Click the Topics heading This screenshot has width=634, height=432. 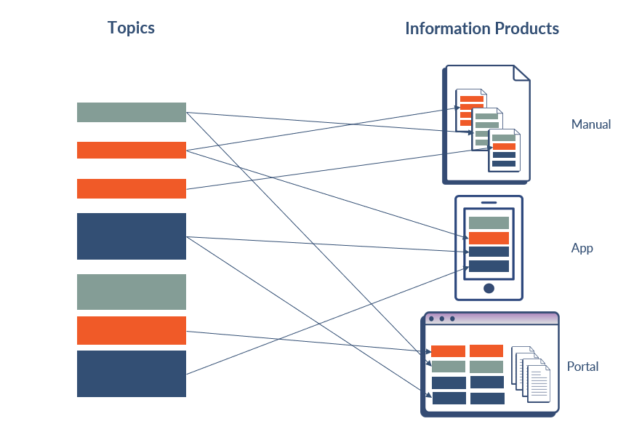131,28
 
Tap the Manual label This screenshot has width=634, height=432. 590,124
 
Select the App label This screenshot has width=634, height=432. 582,248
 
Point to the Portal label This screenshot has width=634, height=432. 582,367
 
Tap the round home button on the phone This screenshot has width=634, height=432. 489,288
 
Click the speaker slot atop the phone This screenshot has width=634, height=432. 489,202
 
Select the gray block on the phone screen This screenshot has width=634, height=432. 489,223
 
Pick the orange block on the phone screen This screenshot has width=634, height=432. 489,238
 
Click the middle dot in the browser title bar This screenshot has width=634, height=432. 441,319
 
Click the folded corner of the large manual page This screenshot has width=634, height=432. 521,73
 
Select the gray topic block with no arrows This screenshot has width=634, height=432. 132,292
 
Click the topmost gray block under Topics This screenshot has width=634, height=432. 132,112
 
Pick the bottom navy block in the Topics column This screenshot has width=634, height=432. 132,373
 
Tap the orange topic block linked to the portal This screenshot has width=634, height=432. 132,330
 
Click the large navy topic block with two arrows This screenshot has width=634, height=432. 132,236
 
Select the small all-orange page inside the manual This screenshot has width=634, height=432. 470,109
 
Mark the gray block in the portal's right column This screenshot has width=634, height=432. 486,367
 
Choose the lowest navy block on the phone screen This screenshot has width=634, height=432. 489,266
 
